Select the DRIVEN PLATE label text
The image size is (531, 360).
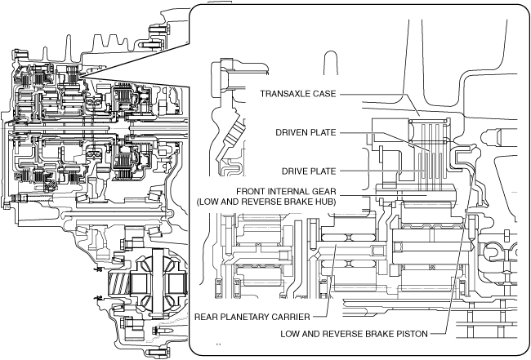[306, 132]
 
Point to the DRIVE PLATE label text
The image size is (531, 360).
[309, 171]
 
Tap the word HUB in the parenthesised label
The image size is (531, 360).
[324, 202]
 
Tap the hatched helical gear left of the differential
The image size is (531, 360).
[118, 284]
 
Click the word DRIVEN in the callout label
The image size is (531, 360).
[292, 132]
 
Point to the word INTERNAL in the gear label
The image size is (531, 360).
[288, 192]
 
